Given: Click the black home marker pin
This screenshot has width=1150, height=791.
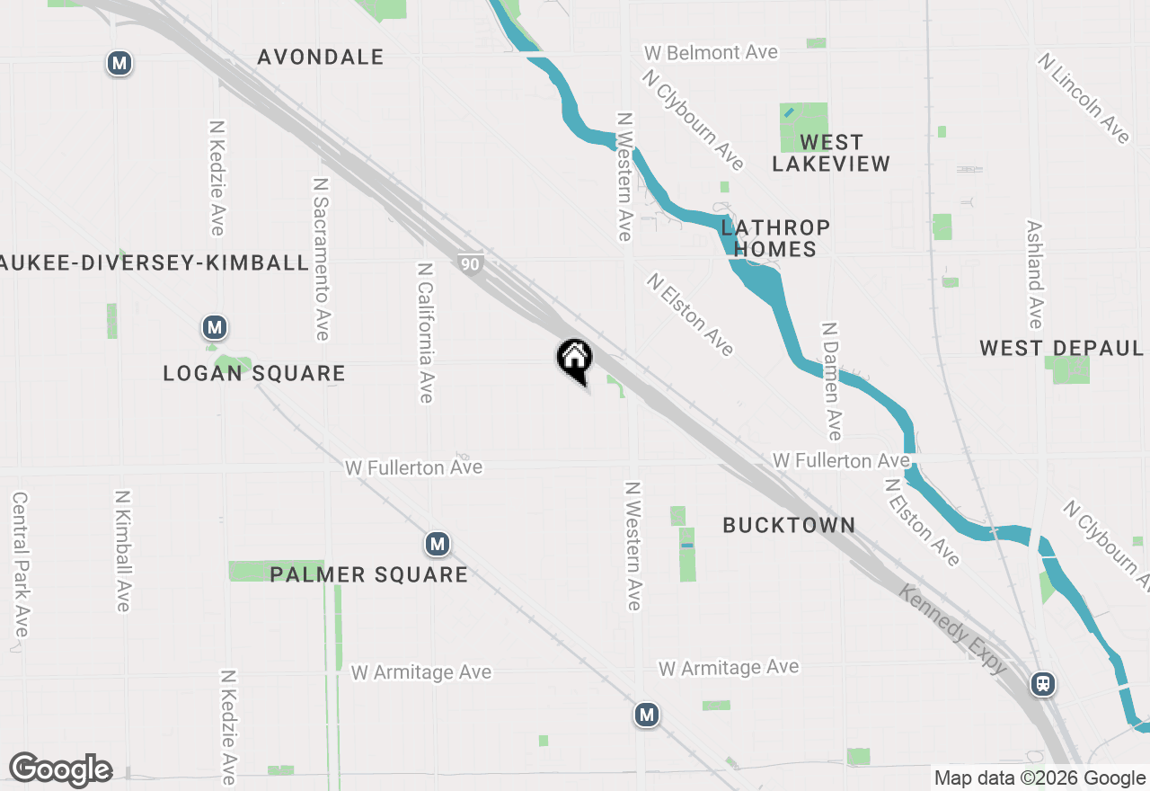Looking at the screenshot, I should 575,360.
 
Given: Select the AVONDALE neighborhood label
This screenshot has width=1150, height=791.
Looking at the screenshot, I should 321,57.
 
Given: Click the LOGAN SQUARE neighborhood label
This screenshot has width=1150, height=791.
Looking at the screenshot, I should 254,373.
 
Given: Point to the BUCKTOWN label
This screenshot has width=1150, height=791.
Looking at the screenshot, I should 789,525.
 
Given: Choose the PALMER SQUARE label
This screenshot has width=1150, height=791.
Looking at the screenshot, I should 368,574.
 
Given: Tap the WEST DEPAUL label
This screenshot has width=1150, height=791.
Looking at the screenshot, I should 1061,348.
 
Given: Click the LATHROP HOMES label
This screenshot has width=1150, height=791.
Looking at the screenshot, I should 774,238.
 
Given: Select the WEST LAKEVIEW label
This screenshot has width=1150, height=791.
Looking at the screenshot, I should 831,153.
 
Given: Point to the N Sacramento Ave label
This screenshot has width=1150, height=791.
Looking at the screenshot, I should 321,258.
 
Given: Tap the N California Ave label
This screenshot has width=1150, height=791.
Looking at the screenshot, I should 426,333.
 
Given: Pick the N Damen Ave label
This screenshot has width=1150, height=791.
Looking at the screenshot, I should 832,381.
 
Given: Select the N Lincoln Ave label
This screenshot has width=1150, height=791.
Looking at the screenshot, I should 1084,98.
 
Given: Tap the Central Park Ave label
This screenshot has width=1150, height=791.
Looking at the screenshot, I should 20,564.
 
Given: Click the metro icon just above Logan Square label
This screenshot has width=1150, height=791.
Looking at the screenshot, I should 214,326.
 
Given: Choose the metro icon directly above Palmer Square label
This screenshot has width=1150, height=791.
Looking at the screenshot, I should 437,544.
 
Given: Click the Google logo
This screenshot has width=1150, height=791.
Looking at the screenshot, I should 60,770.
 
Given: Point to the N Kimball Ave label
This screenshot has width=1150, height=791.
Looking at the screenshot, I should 123,551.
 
